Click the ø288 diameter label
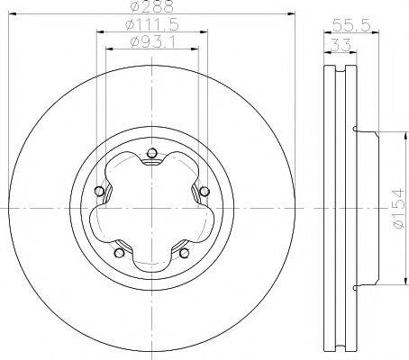click(151, 7)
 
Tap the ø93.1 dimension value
click(151, 42)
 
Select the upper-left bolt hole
click(99, 191)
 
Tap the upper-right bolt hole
click(204, 190)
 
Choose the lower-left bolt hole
click(120, 252)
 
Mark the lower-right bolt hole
click(184, 252)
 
